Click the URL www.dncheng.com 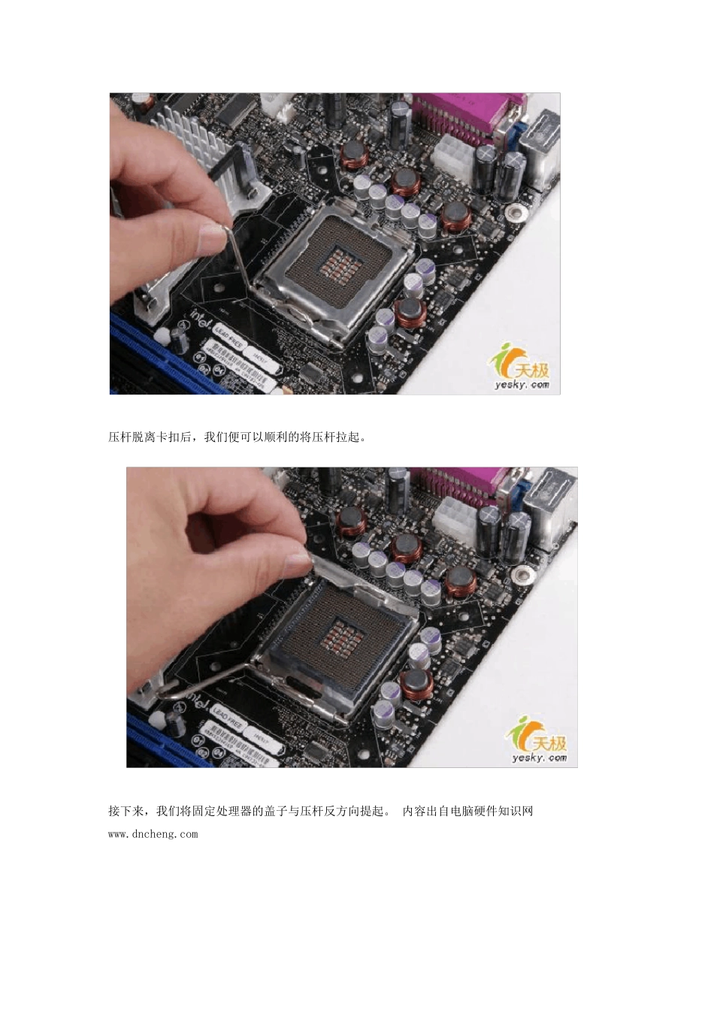pyautogui.click(x=153, y=834)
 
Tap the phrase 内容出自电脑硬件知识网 pyautogui.click(x=467, y=812)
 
